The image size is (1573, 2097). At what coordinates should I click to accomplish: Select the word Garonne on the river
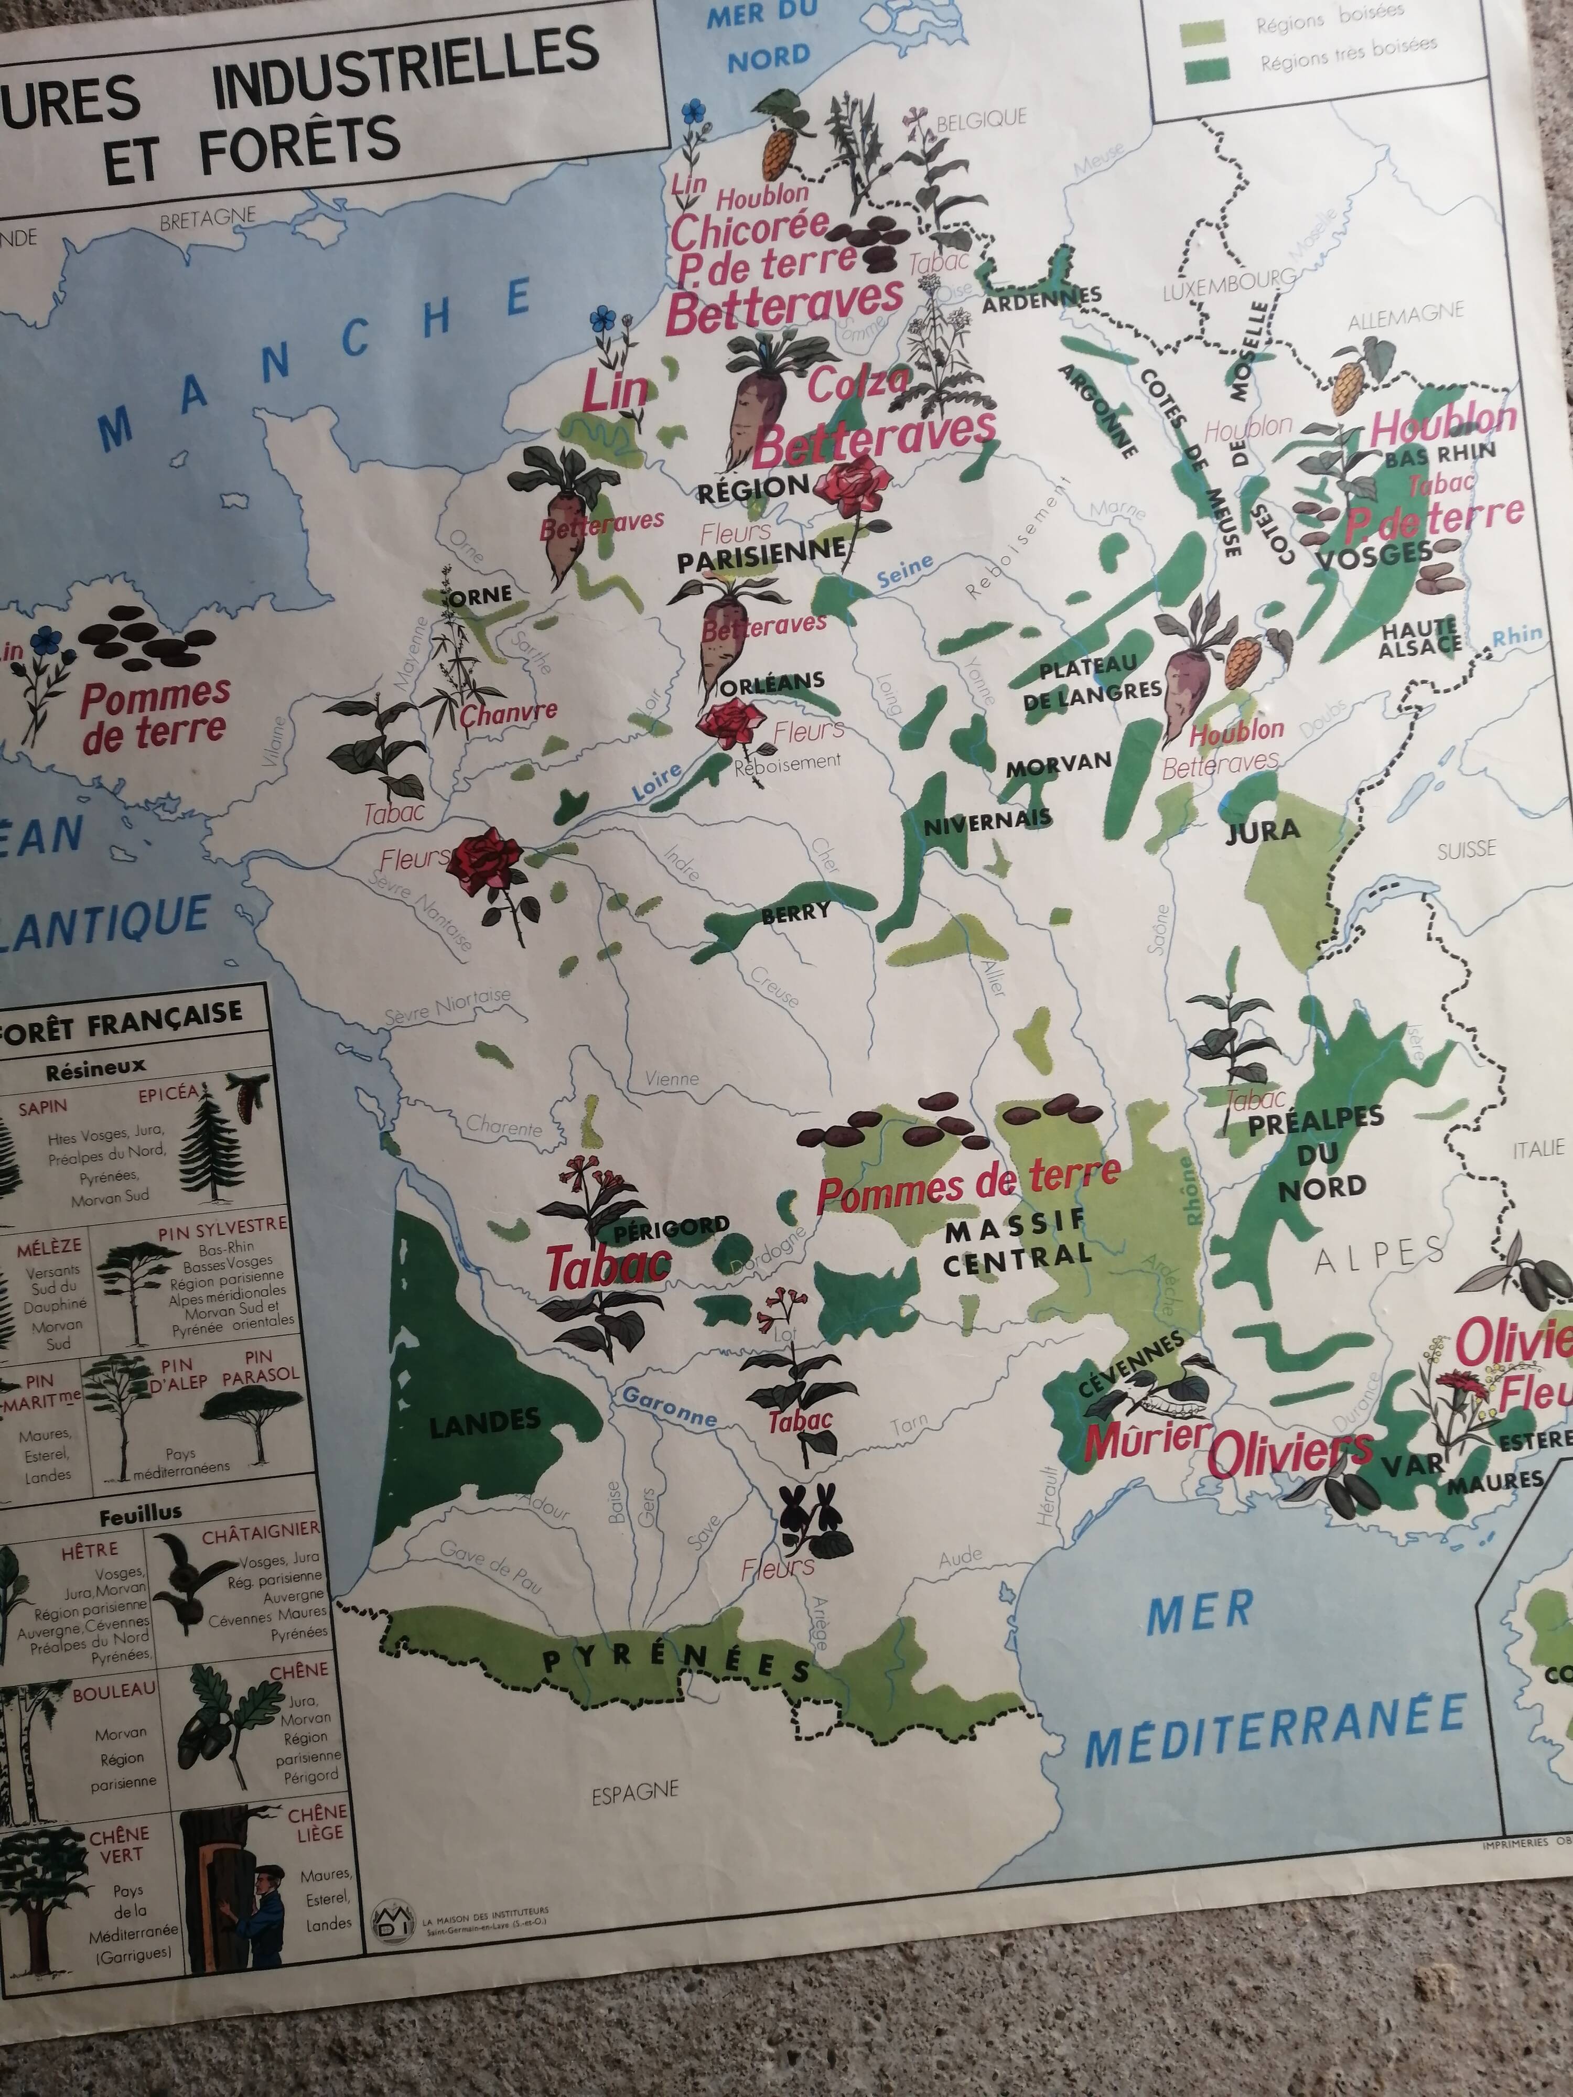pyautogui.click(x=670, y=1407)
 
